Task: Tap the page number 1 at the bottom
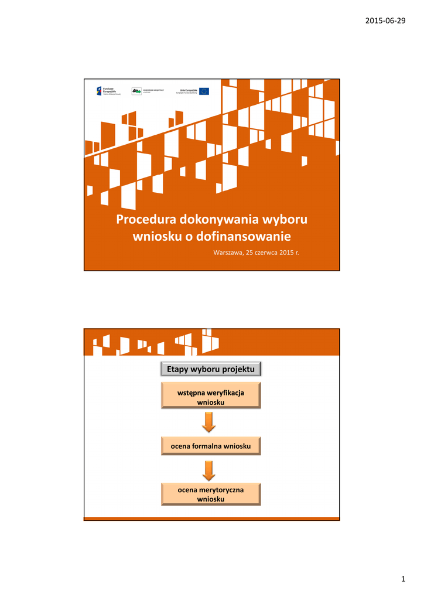[x=404, y=579]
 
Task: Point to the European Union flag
[x=204, y=91]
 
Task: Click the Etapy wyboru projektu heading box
[x=211, y=369]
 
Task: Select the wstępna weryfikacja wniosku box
[x=211, y=396]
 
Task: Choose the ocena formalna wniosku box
[x=211, y=446]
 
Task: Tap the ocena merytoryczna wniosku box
[x=211, y=494]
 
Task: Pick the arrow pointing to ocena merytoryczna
[x=208, y=470]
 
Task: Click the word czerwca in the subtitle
[x=261, y=253]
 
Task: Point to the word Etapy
[x=179, y=369]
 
